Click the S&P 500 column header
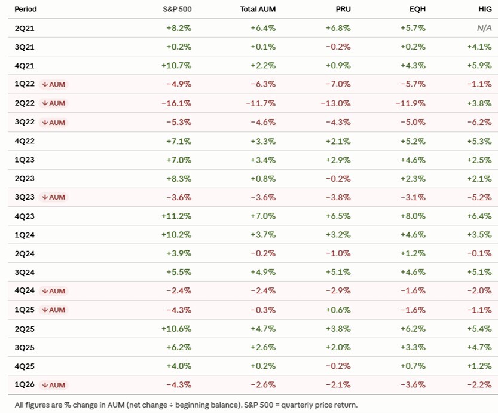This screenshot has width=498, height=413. pos(177,9)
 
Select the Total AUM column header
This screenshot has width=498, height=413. pos(258,9)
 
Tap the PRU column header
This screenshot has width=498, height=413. pos(343,9)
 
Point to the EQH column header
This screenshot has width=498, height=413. pos(417,9)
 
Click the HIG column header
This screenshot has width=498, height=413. pos(485,9)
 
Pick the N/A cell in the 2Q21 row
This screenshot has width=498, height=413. pos(484,28)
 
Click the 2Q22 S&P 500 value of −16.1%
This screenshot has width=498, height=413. pos(176,103)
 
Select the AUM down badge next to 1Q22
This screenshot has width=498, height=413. pos(53,85)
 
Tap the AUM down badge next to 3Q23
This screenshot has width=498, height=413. pos(53,197)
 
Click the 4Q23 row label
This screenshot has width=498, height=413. pos(25,216)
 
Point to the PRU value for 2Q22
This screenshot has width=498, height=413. pos(335,103)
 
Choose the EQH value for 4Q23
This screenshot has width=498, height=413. pos(413,216)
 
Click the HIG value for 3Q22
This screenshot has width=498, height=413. pos(479,122)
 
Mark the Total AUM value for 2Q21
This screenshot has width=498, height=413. pos(263,28)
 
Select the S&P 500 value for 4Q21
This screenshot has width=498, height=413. pos(176,66)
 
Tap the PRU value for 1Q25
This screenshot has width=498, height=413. pos(338,310)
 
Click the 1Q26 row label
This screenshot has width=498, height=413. pos(25,385)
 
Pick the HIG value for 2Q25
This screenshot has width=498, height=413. pos(479,329)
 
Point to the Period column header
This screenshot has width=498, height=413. pos(26,9)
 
